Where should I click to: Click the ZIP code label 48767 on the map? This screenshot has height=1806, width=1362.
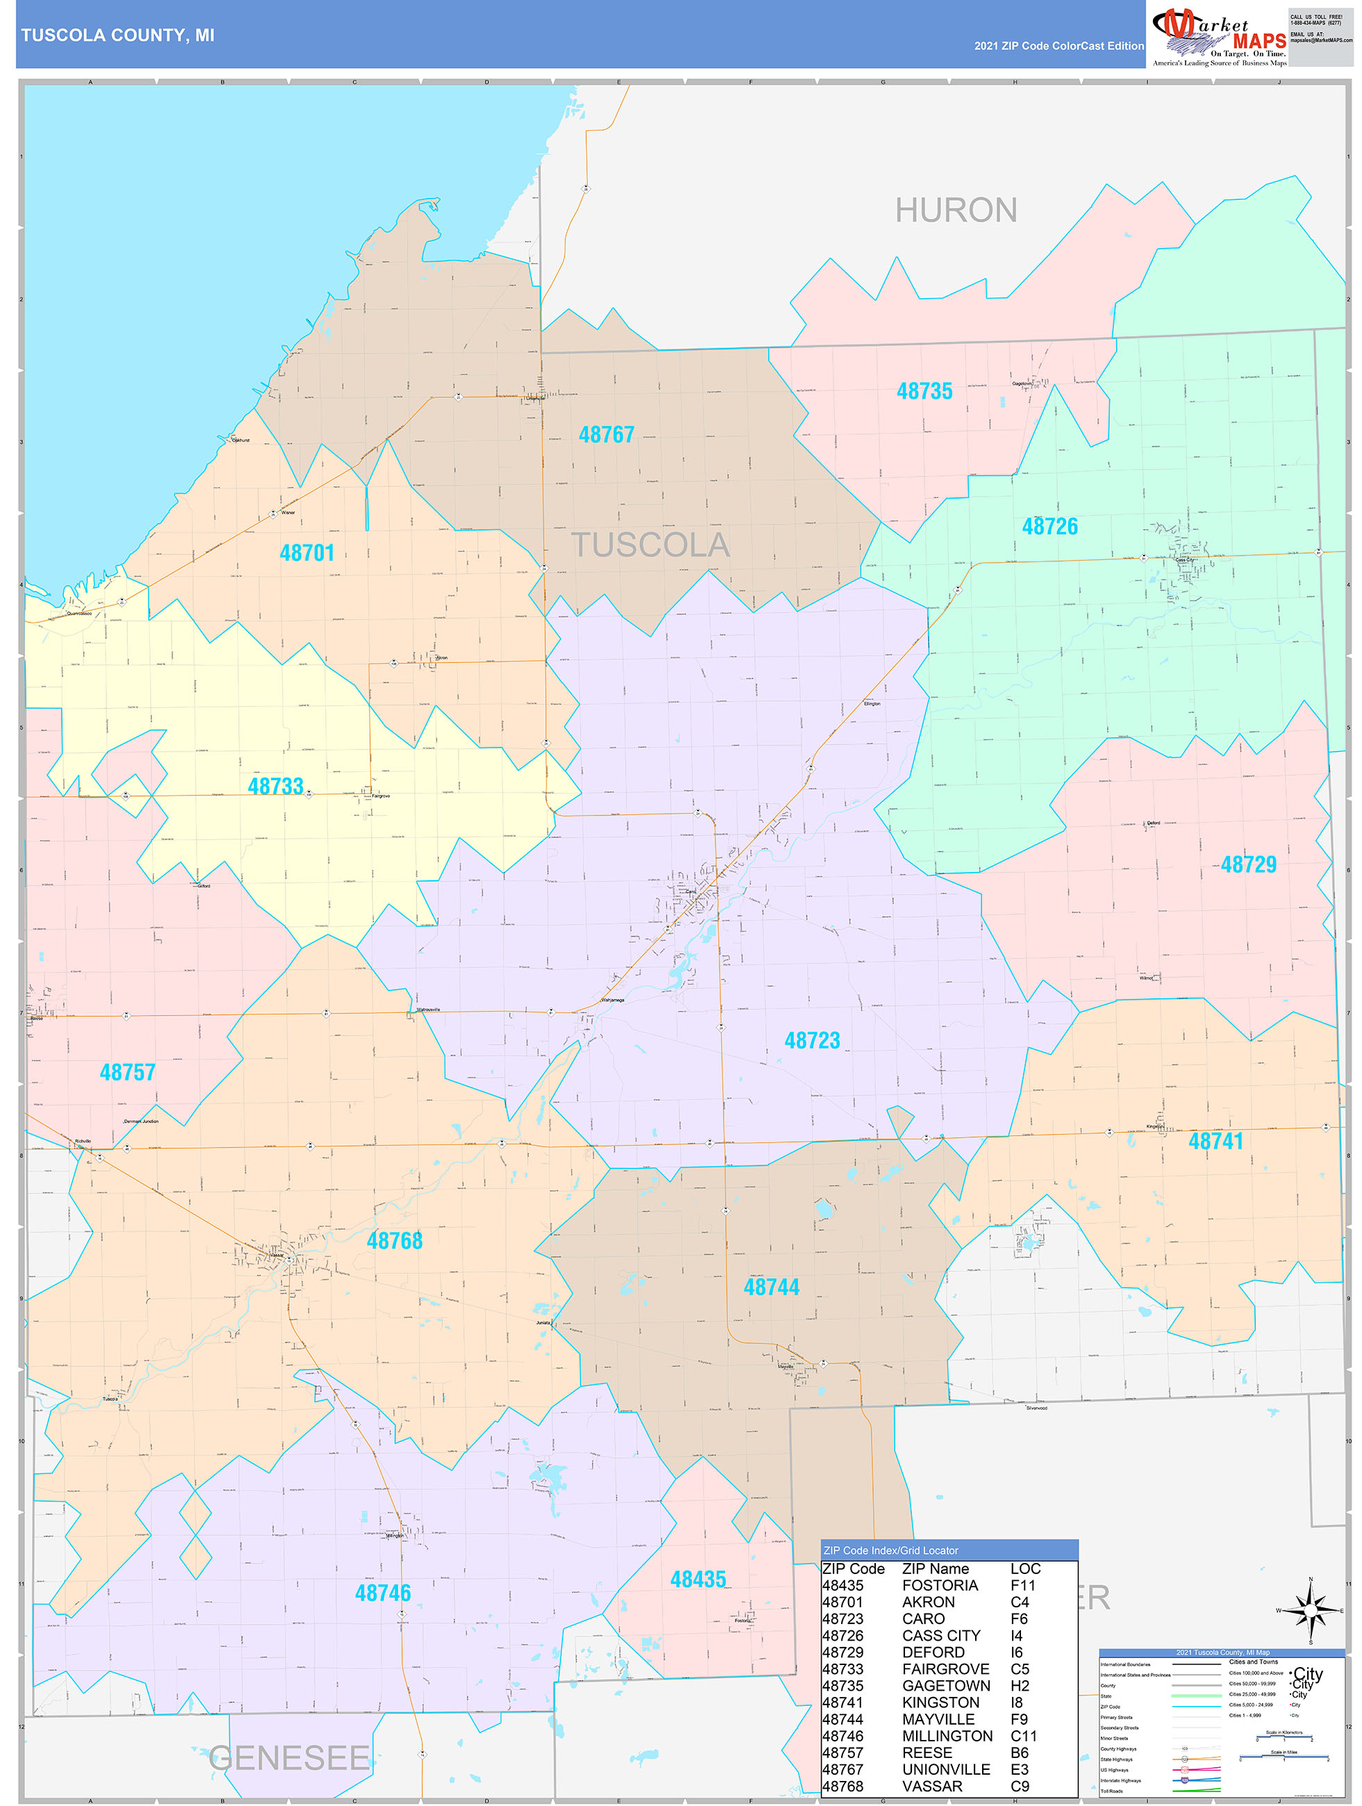point(606,435)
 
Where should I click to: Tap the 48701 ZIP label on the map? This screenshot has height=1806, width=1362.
point(307,554)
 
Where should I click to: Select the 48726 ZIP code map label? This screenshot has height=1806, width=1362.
point(1049,527)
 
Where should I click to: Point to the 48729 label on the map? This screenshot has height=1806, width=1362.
point(1247,865)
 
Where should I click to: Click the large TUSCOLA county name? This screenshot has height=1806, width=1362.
point(650,545)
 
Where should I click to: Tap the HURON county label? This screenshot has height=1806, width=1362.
point(956,210)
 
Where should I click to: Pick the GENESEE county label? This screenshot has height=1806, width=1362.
point(289,1758)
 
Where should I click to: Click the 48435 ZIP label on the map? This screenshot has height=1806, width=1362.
point(697,1580)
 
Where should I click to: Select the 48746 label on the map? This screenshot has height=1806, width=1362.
point(383,1593)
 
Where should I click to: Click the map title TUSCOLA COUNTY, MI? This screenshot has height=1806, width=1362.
point(117,35)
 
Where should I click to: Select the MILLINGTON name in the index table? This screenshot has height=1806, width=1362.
point(947,1736)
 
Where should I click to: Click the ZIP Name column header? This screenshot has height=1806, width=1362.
point(935,1568)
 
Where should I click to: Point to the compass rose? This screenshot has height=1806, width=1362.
point(1311,1610)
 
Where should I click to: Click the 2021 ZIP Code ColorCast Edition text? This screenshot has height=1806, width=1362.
point(1058,47)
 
